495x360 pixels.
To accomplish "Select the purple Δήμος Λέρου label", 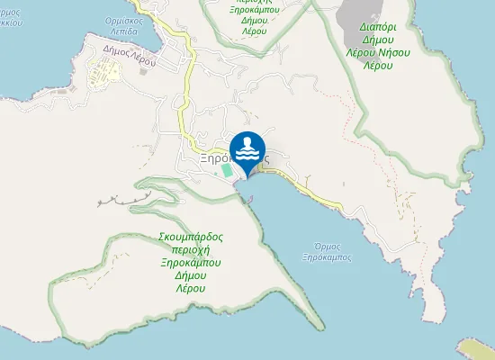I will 131,53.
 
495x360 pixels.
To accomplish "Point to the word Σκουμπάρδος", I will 190,237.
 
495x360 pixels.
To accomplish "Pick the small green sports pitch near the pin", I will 226,169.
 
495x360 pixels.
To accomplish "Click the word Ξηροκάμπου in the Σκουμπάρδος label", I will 190,263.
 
